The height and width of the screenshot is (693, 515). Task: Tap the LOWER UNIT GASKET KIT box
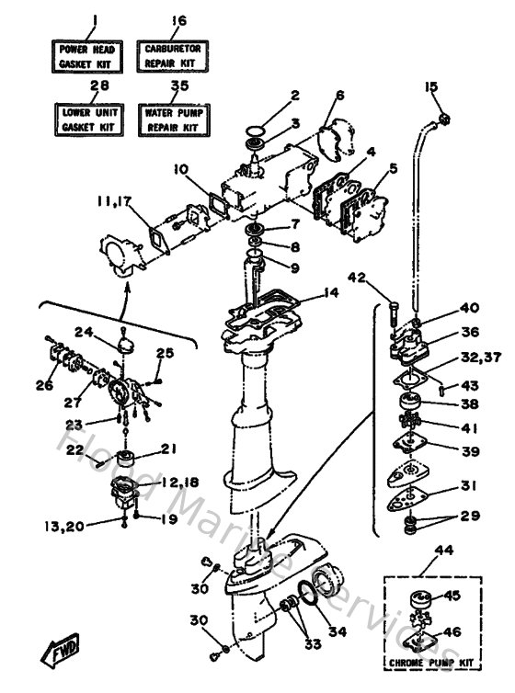pyautogui.click(x=86, y=119)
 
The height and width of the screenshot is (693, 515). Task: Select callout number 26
pyautogui.click(x=44, y=386)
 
